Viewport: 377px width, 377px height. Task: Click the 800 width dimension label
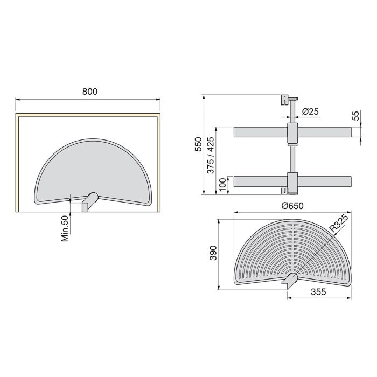(89, 92)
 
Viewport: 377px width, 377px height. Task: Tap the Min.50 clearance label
(65, 228)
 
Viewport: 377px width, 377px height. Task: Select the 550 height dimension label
(198, 145)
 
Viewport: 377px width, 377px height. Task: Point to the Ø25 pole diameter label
(311, 111)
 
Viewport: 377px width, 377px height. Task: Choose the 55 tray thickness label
(355, 116)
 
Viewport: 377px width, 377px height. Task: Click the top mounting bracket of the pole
(284, 101)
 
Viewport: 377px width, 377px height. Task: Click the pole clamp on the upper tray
(292, 133)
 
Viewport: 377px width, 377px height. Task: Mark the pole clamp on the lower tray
(292, 181)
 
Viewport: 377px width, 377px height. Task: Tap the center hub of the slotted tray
(291, 279)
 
